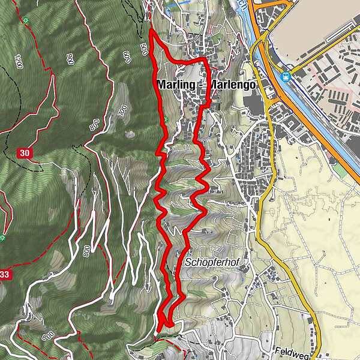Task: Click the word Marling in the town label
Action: [176, 85]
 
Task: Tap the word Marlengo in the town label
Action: [233, 85]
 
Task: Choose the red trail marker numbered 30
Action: [25, 153]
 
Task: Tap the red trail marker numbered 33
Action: [5, 274]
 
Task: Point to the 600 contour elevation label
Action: [127, 58]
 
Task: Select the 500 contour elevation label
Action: [144, 49]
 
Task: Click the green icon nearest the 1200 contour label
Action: [26, 20]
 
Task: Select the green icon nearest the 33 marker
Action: [3, 238]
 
